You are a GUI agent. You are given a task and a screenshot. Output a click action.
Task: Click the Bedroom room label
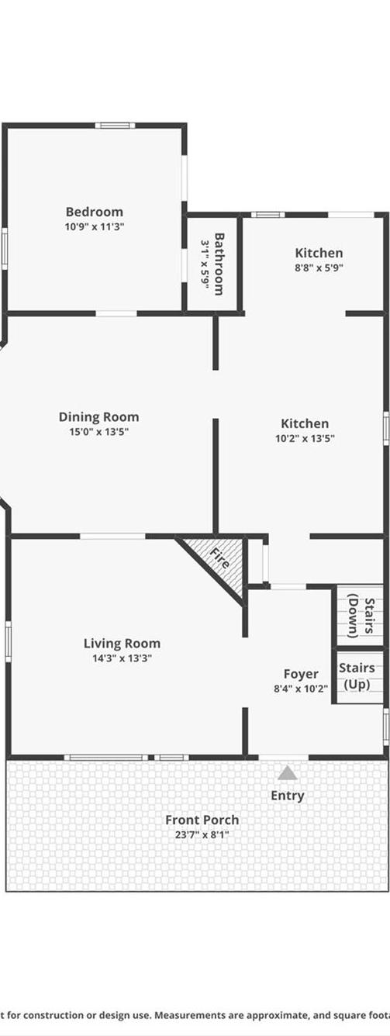click(94, 212)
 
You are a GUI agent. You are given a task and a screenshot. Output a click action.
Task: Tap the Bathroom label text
click(219, 264)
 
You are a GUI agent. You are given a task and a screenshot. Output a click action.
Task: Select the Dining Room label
click(98, 417)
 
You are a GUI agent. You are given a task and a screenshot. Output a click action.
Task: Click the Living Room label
click(122, 644)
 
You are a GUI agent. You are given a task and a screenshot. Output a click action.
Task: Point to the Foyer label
click(300, 674)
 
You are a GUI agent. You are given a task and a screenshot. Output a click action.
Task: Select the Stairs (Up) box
click(358, 676)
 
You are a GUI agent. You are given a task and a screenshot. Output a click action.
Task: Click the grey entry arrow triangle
click(288, 772)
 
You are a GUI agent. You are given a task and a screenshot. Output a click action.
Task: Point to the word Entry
click(287, 796)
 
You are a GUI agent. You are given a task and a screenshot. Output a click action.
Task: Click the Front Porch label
click(202, 820)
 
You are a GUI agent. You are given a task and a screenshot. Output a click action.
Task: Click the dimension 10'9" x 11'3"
click(94, 227)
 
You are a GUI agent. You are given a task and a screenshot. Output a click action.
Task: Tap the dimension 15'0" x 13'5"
click(98, 432)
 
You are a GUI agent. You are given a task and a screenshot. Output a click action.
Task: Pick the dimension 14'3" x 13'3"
click(122, 658)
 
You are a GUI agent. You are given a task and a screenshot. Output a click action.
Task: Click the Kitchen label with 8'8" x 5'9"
click(319, 253)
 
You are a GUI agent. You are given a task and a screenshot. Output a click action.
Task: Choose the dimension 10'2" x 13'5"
click(304, 438)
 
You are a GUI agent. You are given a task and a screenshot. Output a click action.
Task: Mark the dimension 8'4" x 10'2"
click(300, 688)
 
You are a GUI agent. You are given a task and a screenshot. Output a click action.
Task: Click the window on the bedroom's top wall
click(115, 125)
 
